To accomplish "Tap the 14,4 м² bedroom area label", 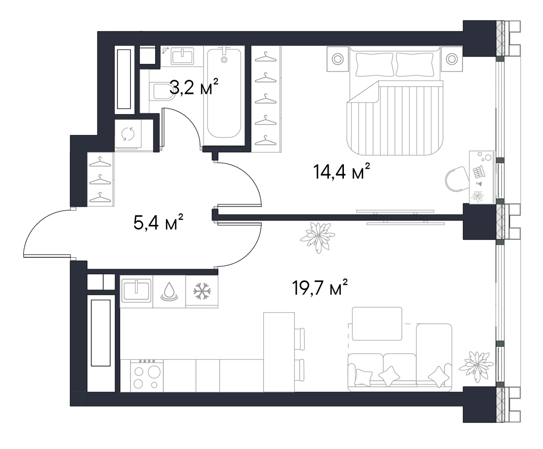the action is tap(342, 172).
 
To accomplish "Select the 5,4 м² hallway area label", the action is tap(158, 222).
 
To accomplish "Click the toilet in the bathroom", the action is tap(162, 92).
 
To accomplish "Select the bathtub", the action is tap(224, 92).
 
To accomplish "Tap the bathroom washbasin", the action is tap(182, 56).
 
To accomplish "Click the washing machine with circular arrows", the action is tap(128, 134).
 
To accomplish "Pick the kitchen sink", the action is tap(136, 291).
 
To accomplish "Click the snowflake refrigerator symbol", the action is tap(202, 291).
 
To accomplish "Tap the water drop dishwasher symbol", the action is tap(169, 291).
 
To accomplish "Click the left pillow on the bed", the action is tap(374, 65).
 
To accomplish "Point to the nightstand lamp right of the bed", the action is tap(452, 59).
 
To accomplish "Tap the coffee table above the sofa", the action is tap(377, 323).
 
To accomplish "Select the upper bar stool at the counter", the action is tap(300, 339).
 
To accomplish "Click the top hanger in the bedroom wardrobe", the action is tap(265, 57).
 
